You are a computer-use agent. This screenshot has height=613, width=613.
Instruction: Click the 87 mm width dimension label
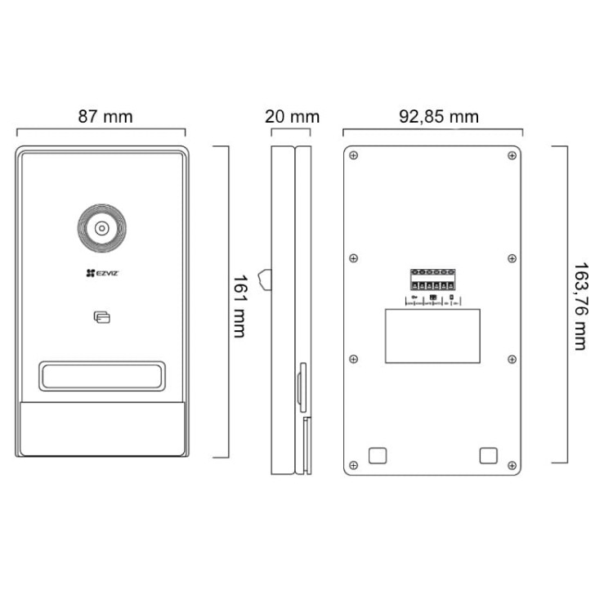[105, 117]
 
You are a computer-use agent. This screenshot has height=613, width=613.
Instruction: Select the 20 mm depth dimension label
[292, 117]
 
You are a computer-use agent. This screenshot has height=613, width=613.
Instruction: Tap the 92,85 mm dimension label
[438, 117]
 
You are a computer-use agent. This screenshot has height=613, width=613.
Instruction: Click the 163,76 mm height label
[579, 306]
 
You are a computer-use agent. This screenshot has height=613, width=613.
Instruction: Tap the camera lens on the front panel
[101, 229]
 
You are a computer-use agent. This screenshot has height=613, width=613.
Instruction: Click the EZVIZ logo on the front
[101, 275]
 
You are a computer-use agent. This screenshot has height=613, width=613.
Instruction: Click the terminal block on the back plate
[432, 280]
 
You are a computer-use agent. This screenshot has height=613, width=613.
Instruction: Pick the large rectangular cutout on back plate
[432, 335]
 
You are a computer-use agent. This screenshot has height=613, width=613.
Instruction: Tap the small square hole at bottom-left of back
[378, 455]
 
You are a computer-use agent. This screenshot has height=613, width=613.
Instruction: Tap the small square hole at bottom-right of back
[488, 455]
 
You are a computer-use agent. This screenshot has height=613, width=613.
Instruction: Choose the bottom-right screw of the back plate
[512, 465]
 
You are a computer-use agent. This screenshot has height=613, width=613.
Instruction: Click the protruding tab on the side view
[264, 279]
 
